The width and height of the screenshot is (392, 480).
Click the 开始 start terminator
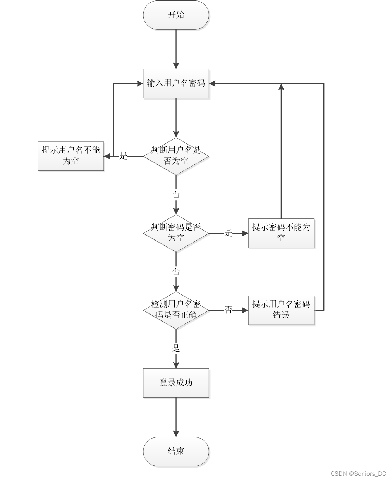[x=176, y=15]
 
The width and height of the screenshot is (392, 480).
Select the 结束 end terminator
[x=176, y=451]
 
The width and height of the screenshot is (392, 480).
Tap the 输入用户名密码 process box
[x=176, y=84]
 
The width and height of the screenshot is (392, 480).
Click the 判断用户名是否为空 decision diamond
[x=176, y=156]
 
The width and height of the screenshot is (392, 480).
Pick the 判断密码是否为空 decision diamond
[x=176, y=233]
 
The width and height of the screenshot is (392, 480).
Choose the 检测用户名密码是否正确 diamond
[x=176, y=310]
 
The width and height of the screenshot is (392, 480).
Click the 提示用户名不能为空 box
[x=71, y=156]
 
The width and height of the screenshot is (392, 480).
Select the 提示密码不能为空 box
[x=281, y=233]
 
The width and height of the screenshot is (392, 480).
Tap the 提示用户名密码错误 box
[x=281, y=310]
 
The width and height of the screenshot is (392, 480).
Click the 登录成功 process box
[x=176, y=383]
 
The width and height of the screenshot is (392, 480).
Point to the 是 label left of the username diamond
[x=123, y=156]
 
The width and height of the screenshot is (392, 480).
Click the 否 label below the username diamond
[x=176, y=194]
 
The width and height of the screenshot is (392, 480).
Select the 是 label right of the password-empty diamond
[x=229, y=233]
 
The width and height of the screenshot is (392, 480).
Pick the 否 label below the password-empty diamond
[x=176, y=271]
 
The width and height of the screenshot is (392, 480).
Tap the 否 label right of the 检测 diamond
[x=229, y=310]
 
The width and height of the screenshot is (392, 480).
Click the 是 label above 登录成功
[x=176, y=348]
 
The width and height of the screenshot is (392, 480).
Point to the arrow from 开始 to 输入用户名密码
[x=176, y=49]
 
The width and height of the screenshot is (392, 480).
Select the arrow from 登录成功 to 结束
[x=176, y=417]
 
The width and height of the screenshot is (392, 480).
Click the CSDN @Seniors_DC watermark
[x=358, y=474]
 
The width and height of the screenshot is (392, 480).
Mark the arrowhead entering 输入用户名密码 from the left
[x=140, y=84]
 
